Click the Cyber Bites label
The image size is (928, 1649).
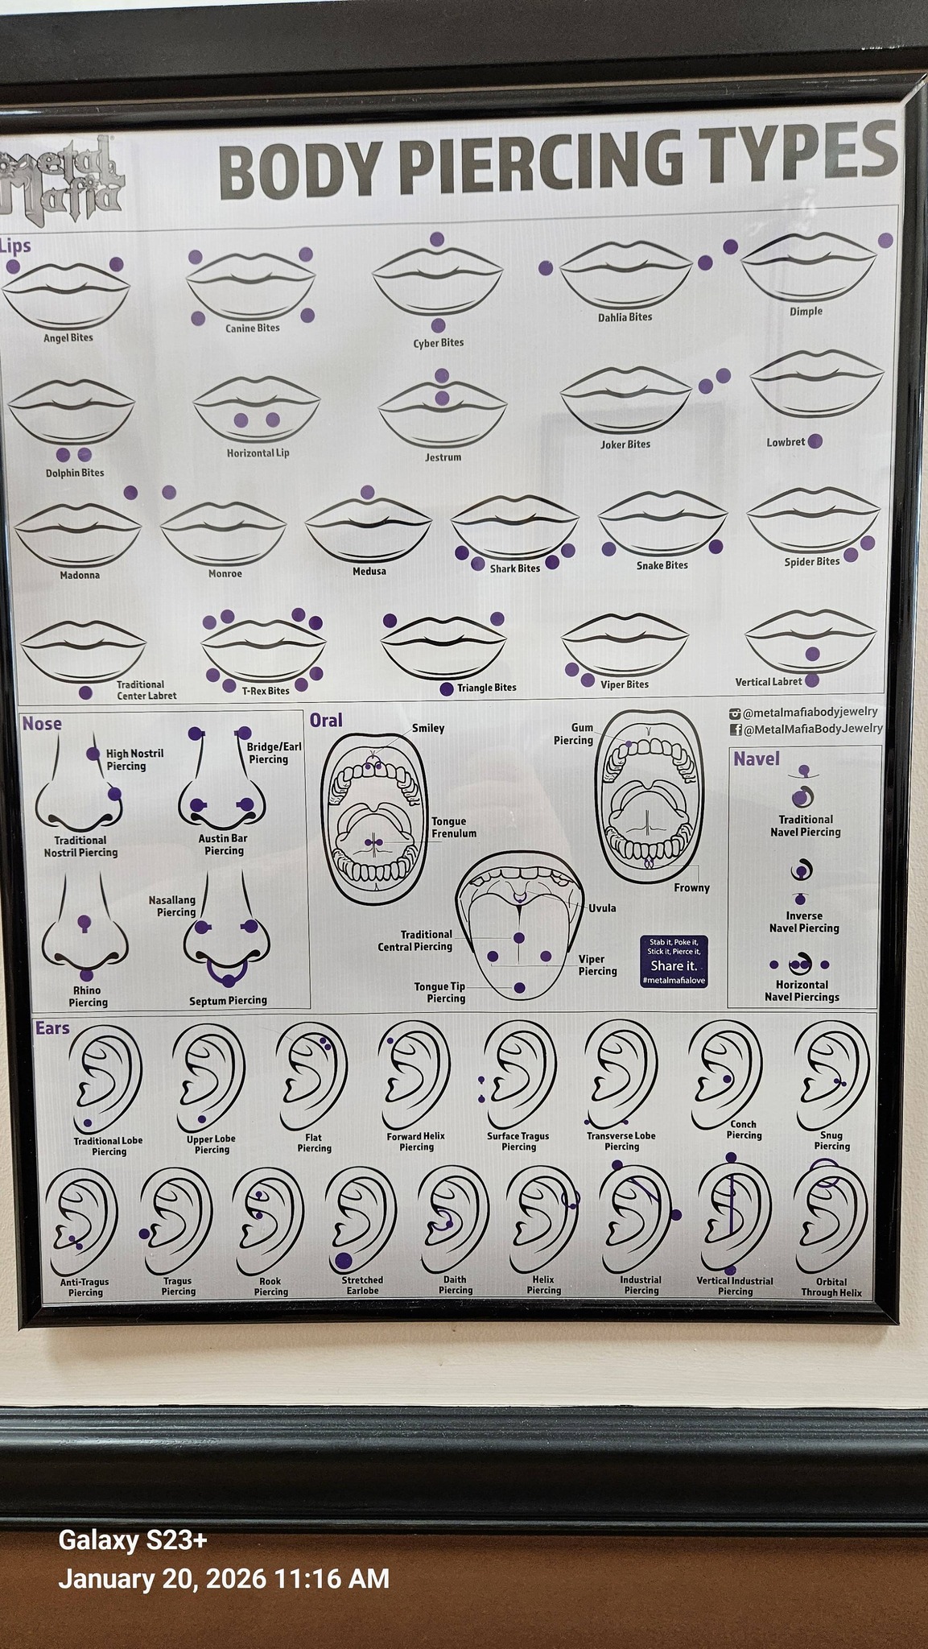tap(439, 343)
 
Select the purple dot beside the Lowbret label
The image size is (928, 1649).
tap(815, 441)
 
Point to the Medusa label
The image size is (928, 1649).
tap(369, 572)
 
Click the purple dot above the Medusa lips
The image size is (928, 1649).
tap(368, 492)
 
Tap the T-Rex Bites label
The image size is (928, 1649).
tap(266, 691)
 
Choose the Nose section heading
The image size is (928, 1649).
tap(42, 724)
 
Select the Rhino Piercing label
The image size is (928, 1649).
tap(88, 997)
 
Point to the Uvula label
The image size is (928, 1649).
tap(602, 908)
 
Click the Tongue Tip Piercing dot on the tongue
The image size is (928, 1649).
tap(519, 988)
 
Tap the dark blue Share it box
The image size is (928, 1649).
tap(674, 961)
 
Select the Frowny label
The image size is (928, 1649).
tap(692, 888)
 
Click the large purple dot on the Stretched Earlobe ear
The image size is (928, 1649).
tap(344, 1261)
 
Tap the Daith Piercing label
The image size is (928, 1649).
tap(456, 1285)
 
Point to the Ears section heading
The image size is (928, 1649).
tap(52, 1028)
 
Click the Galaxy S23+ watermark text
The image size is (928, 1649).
tap(133, 1540)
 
